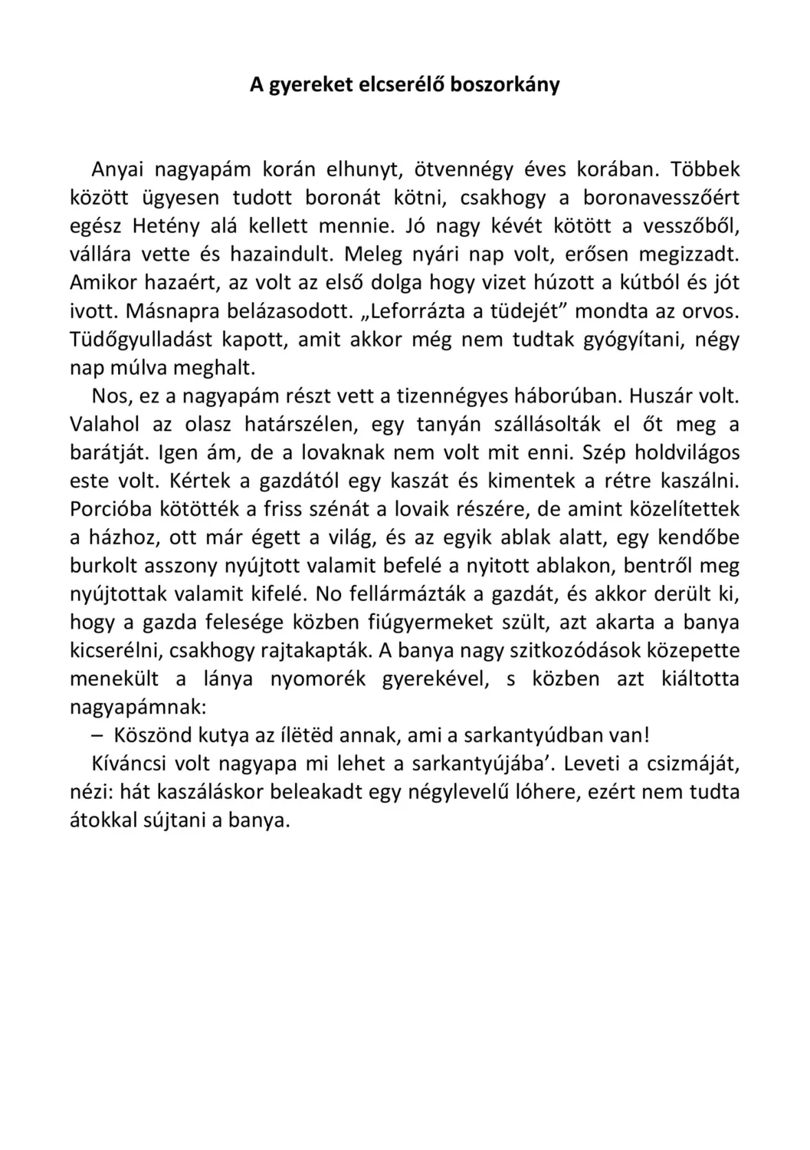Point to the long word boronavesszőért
(661, 198)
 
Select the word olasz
(207, 425)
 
